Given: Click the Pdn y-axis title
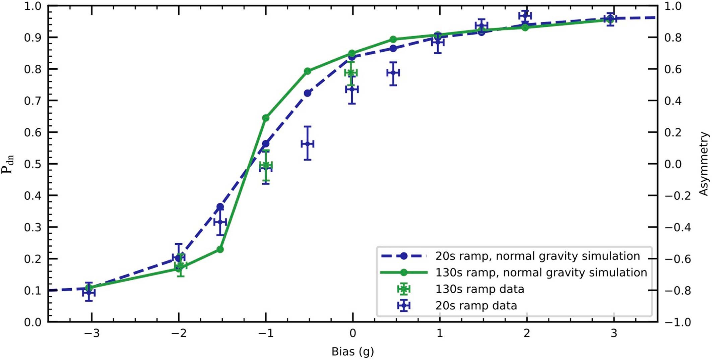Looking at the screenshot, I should click(7, 164).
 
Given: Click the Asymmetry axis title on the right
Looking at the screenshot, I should click(704, 164).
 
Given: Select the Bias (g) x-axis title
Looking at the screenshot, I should click(352, 351).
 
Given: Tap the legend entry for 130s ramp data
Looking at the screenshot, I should click(479, 289).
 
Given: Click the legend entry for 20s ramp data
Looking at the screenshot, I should click(476, 305).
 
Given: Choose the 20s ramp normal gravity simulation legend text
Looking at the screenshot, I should click(537, 256).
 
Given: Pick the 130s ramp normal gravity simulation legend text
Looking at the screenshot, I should click(541, 273).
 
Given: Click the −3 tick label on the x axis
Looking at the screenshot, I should click(91, 333).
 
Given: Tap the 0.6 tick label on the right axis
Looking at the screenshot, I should click(673, 69).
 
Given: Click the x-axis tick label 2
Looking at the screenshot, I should click(527, 333).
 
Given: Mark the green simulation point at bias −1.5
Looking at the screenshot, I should click(220, 249).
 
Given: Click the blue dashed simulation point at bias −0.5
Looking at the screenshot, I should click(307, 93).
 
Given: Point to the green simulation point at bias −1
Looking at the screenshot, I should click(266, 118).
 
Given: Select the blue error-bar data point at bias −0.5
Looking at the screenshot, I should click(307, 144).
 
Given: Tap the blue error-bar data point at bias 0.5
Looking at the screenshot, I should click(393, 73).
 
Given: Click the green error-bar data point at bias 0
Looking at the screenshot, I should click(351, 73).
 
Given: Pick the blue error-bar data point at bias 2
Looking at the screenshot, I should click(525, 16).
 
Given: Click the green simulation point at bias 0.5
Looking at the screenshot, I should click(393, 40).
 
